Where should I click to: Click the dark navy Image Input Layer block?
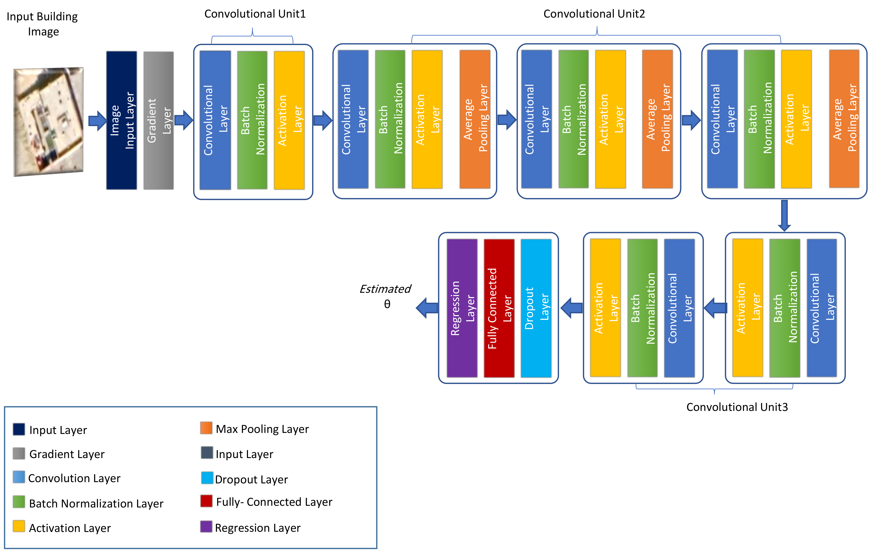pyautogui.click(x=121, y=120)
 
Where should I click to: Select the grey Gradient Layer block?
pyautogui.click(x=158, y=120)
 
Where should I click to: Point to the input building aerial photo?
pyautogui.click(x=49, y=122)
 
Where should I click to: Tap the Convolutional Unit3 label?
pyautogui.click(x=737, y=407)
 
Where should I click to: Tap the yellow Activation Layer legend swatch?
pyautogui.click(x=19, y=526)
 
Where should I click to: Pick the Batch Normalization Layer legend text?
pyautogui.click(x=96, y=503)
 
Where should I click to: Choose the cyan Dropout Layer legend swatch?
pyautogui.click(x=207, y=478)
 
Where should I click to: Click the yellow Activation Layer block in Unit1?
pyautogui.click(x=289, y=120)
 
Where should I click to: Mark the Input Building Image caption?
pyautogui.click(x=42, y=24)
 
